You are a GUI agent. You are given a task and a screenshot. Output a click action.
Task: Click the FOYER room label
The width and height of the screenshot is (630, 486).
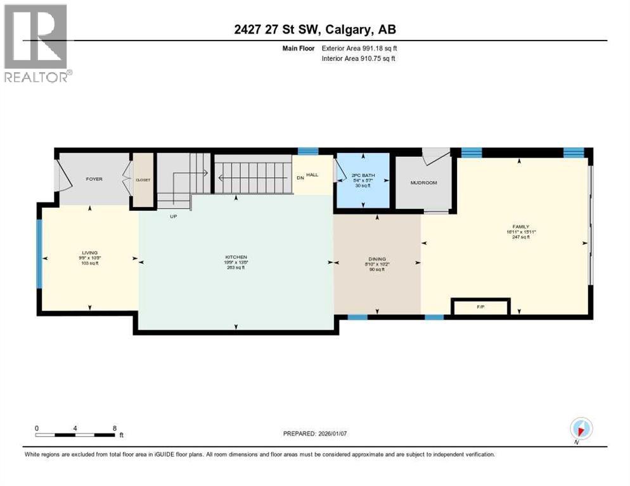coord(94,179)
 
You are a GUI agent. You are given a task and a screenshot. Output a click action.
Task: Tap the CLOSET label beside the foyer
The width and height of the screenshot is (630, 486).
coord(143,180)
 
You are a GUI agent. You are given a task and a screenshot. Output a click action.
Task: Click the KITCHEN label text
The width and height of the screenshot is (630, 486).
coord(235,258)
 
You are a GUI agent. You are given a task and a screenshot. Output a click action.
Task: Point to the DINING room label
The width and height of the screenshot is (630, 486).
coord(377,259)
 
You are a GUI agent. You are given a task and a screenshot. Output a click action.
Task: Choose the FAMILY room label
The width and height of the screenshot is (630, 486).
coord(520,227)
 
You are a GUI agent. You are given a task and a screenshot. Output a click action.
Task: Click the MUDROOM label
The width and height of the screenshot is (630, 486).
coord(423,183)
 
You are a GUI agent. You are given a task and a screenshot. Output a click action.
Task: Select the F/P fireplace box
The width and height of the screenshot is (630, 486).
coord(480,307)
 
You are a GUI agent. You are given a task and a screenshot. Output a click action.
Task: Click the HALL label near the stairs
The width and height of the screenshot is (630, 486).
coord(312,174)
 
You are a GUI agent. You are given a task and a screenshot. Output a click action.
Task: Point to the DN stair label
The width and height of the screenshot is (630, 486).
coord(300,178)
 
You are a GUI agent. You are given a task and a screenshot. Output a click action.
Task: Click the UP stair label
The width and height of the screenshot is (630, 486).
coord(172,216)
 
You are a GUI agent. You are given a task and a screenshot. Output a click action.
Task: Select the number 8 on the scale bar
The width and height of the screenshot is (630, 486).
coord(115,428)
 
